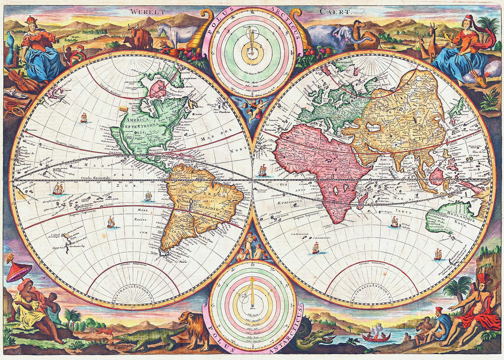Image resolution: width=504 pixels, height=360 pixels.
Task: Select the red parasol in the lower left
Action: [x=18, y=271]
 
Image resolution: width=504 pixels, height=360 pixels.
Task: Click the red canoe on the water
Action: [x=376, y=336]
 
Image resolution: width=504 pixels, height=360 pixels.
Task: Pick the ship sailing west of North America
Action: [x=84, y=118]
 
